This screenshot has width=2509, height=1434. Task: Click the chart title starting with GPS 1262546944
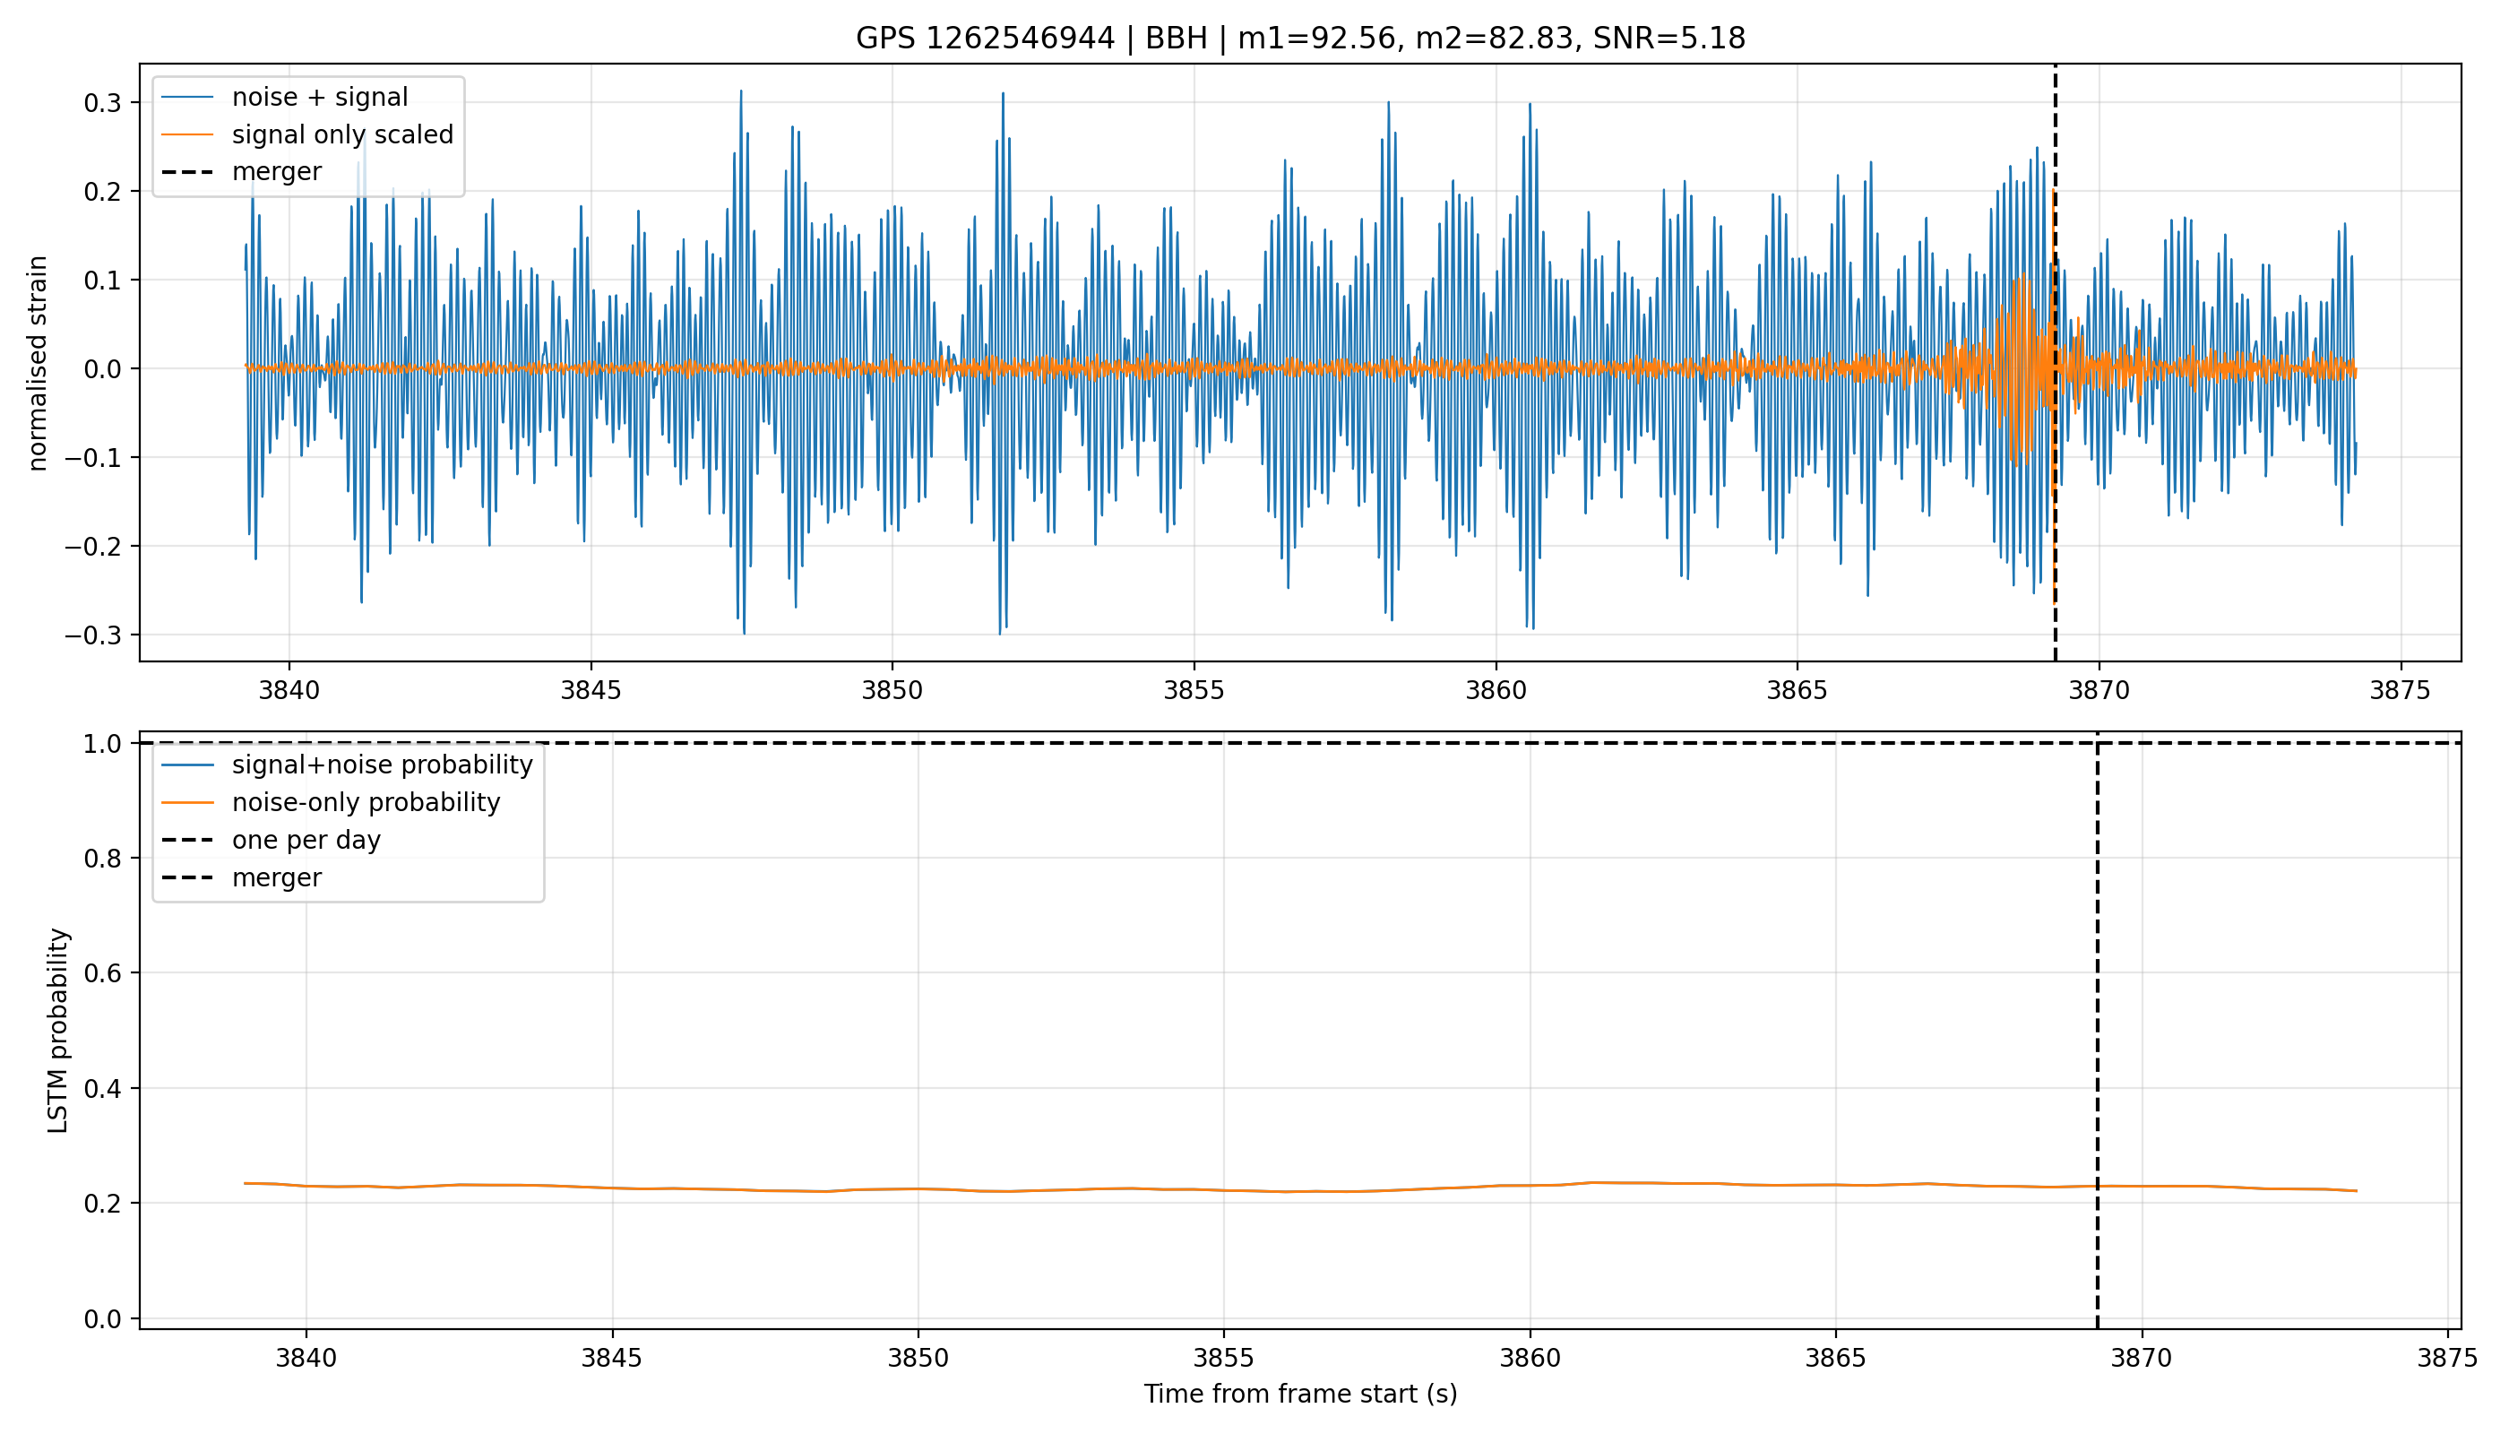1300,39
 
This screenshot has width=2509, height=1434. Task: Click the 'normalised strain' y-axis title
38,363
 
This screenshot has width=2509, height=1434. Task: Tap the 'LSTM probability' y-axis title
58,1030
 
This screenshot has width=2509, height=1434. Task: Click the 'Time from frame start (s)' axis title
1300,1395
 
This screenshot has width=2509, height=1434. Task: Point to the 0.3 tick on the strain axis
102,102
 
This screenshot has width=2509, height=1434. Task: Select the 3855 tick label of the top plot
1194,691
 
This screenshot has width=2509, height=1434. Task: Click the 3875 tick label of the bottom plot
2447,1359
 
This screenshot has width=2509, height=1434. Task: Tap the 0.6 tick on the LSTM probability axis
102,973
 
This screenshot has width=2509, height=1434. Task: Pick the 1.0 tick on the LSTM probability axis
102,744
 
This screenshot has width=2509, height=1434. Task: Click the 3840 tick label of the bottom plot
306,1359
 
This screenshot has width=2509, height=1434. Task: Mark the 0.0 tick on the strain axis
102,369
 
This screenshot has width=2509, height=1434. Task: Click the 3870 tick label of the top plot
2099,691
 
